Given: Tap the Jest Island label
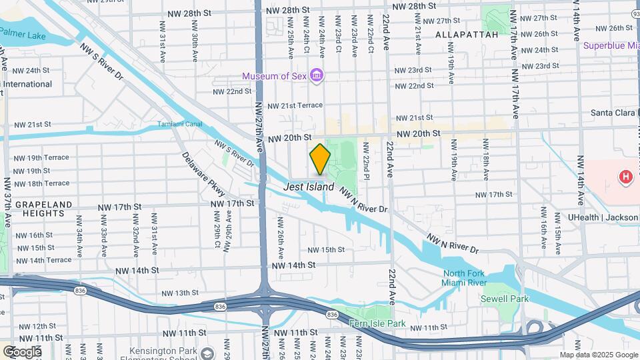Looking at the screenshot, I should click(309, 187).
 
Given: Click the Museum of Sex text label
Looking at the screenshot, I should click(274, 76).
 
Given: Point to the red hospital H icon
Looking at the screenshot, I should click(625, 177).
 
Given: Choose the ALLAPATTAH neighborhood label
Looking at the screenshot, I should click(467, 34).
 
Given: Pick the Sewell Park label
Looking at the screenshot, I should click(505, 299).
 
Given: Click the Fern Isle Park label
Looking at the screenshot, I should click(377, 323).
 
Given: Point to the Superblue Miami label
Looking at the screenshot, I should click(611, 45).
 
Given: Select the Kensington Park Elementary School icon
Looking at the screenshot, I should click(208, 353).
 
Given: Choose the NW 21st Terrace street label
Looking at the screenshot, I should click(295, 105).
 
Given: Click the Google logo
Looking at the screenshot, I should click(22, 351).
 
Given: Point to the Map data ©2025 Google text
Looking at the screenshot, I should click(598, 355).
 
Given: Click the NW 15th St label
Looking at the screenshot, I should click(326, 250).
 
